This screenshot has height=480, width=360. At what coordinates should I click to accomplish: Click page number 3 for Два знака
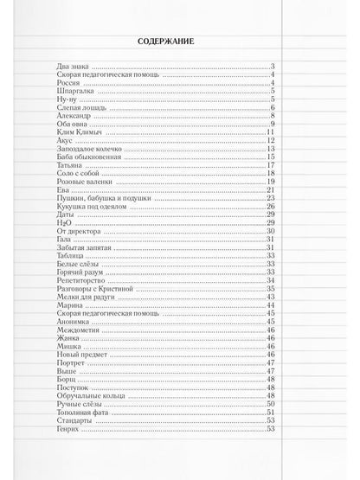click(273, 67)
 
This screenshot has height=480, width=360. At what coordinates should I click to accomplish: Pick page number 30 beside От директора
click(271, 230)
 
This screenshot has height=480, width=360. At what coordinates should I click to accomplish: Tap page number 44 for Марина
click(271, 304)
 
